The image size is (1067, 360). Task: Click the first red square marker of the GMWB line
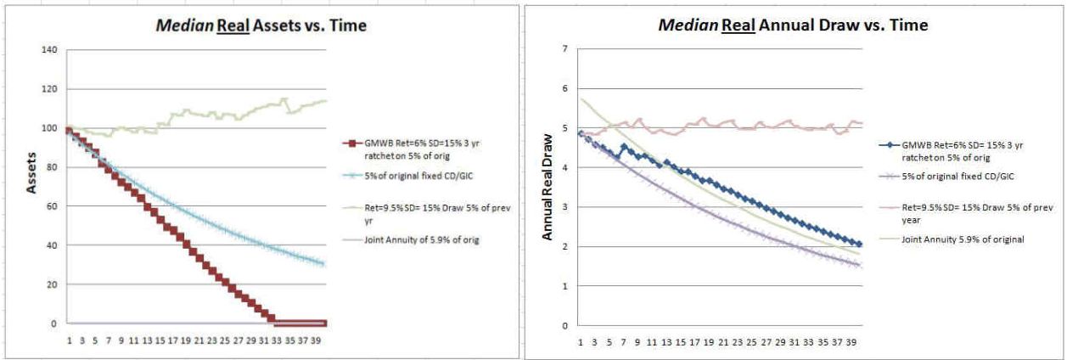68,131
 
